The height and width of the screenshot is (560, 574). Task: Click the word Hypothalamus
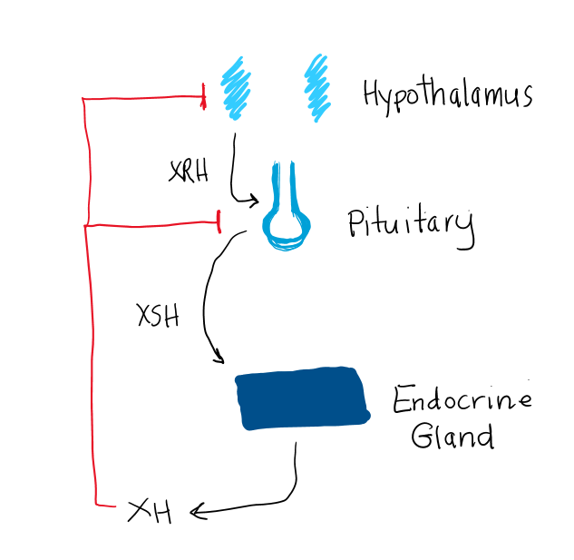(x=446, y=94)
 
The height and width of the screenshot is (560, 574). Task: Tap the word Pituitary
(x=410, y=224)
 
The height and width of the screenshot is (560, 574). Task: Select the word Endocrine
(x=462, y=399)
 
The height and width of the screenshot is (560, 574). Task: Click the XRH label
(x=189, y=172)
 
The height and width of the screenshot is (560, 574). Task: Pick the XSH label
(x=158, y=317)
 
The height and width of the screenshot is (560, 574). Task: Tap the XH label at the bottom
(x=150, y=512)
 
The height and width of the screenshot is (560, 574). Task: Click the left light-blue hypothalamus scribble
(x=235, y=89)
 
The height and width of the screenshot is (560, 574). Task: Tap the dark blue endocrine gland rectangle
(x=302, y=398)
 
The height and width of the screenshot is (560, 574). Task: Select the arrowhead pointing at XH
(x=197, y=514)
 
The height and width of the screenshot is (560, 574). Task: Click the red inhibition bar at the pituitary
(x=219, y=220)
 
